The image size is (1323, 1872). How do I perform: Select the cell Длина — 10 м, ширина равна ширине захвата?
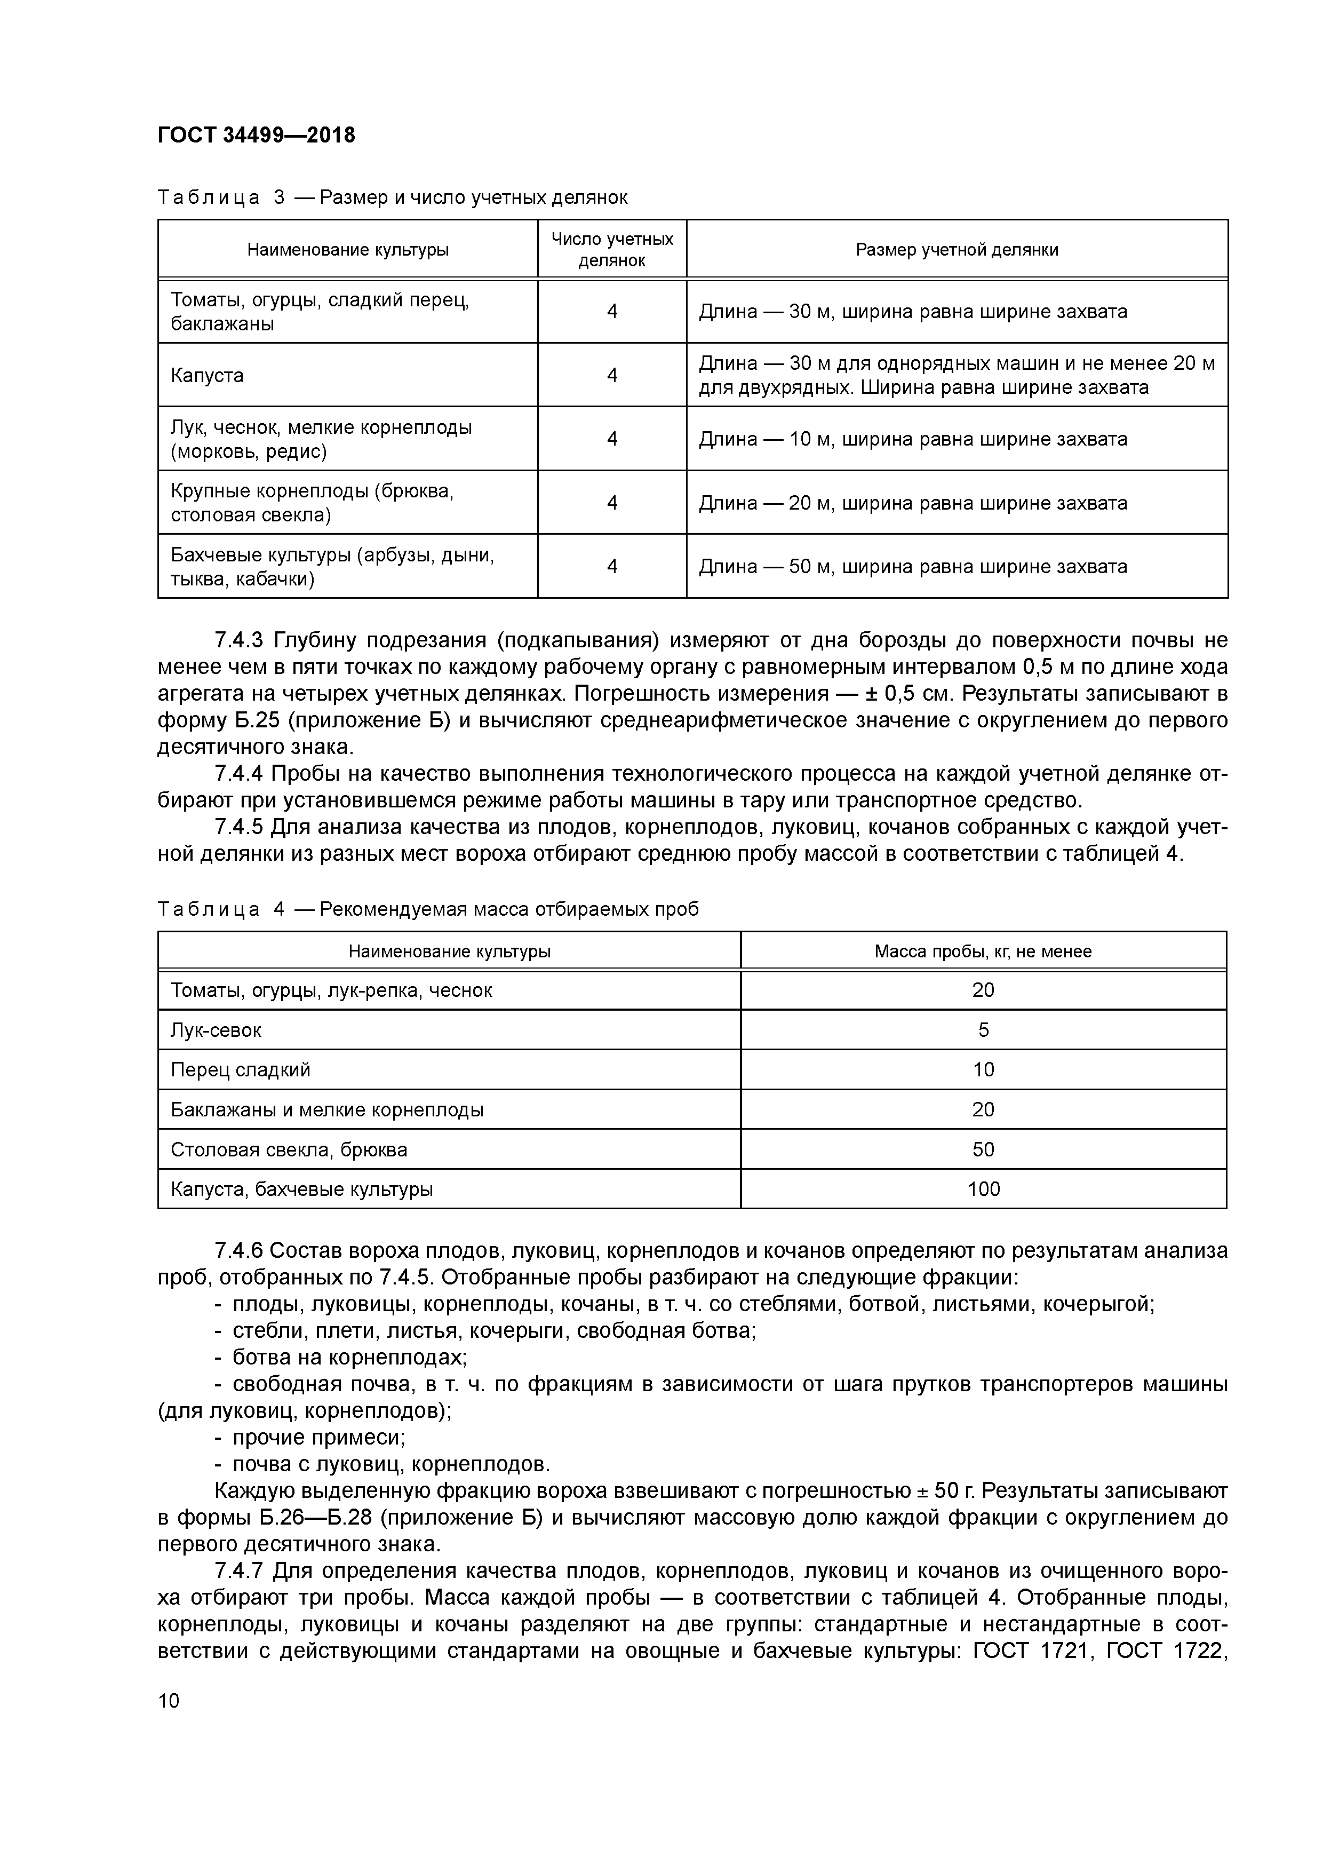click(x=912, y=439)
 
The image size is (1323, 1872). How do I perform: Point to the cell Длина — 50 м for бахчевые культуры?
click(x=912, y=566)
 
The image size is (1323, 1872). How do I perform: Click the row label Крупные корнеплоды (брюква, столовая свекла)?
click(x=312, y=502)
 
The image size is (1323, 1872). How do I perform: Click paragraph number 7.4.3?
click(x=240, y=640)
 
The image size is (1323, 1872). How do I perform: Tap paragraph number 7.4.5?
click(x=240, y=827)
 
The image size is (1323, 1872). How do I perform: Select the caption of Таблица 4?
click(x=428, y=909)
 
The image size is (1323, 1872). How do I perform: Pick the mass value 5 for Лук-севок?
click(x=983, y=1030)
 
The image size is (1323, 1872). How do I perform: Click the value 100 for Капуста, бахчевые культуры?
click(x=983, y=1189)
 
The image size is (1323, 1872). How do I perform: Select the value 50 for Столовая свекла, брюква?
click(x=983, y=1149)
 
